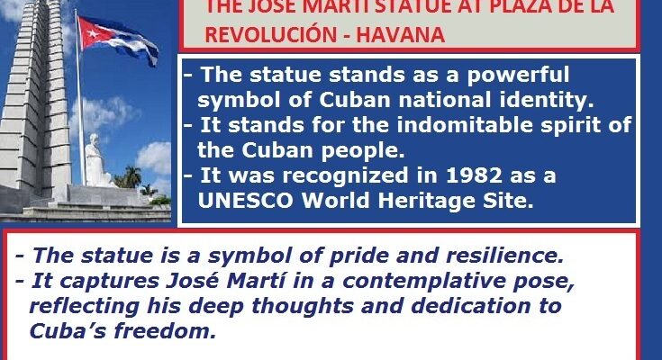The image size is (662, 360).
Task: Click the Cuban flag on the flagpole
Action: (108, 35)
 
